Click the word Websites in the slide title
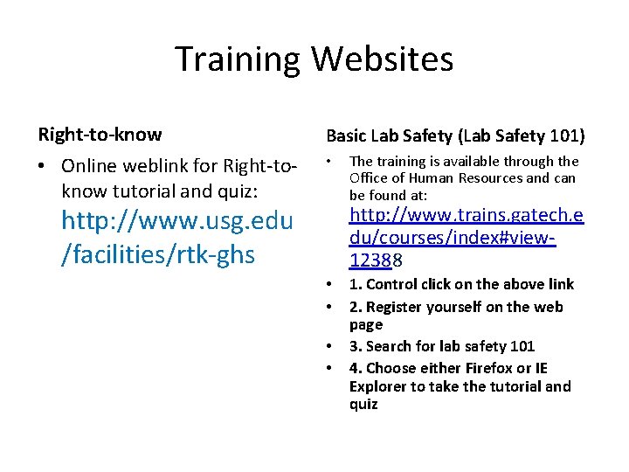(382, 59)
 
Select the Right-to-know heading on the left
(100, 135)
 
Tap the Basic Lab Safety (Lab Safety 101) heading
(455, 135)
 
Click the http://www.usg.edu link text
(177, 222)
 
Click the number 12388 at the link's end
(375, 260)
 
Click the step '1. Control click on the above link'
(461, 284)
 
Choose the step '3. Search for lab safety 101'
(442, 346)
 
